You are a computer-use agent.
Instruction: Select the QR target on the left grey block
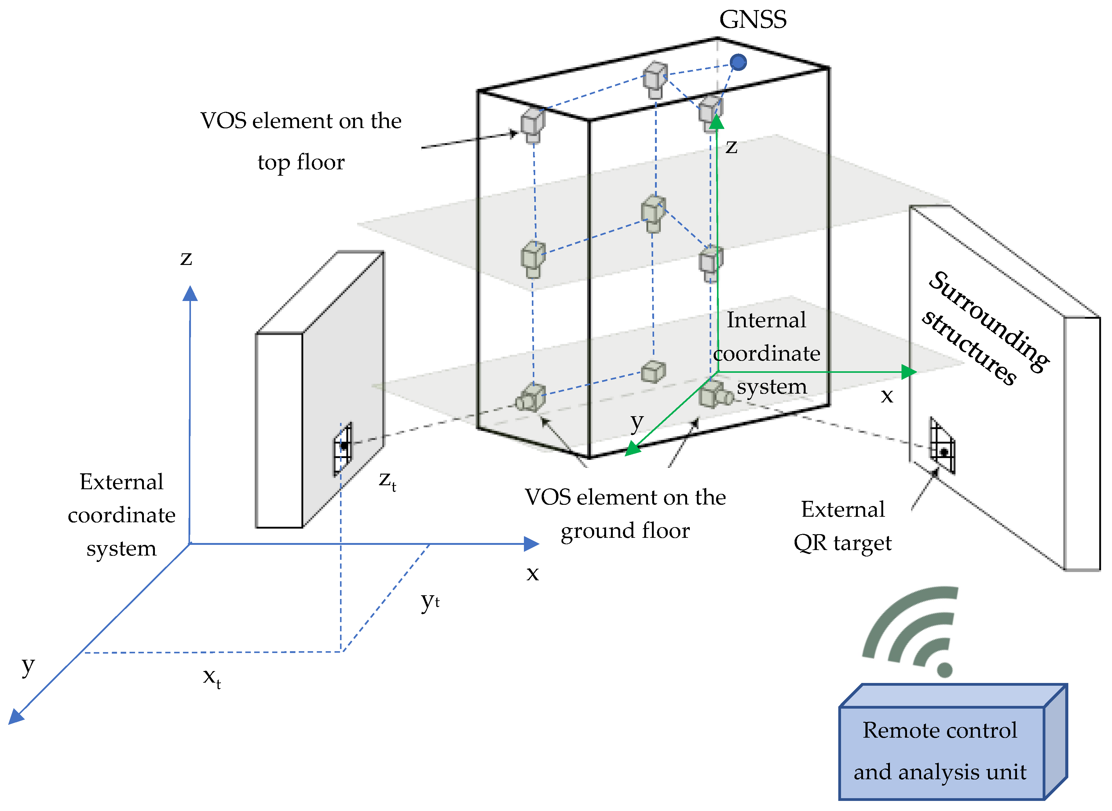pyautogui.click(x=343, y=447)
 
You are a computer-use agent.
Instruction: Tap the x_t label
pyautogui.click(x=211, y=677)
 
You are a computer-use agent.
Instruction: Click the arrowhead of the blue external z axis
pyautogui.click(x=190, y=294)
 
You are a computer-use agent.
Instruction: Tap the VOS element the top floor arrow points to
pyautogui.click(x=532, y=125)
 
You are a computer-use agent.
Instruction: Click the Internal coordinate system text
pyautogui.click(x=766, y=354)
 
